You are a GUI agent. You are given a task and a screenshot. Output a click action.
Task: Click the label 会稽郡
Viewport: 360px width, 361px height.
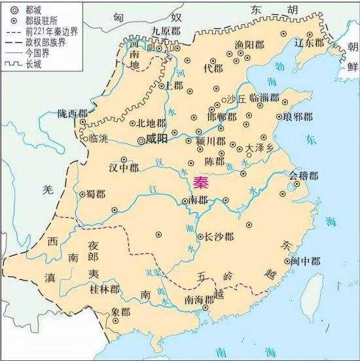coord(306,176)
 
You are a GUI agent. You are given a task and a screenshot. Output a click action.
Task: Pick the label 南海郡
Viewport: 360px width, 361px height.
coord(200,300)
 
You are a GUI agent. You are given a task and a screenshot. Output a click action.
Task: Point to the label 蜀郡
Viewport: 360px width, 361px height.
coord(96,194)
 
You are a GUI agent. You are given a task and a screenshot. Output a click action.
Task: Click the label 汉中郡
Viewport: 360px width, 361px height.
coord(124,167)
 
